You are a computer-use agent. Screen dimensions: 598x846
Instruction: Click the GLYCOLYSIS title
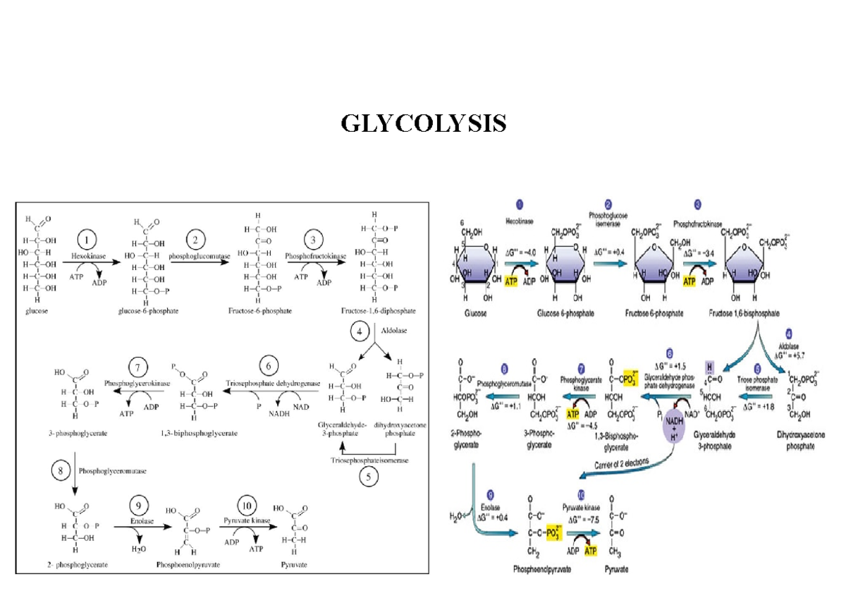point(424,124)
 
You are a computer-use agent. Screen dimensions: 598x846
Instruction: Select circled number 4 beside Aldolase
point(360,329)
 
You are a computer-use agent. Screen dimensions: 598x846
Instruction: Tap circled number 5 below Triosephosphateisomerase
point(367,476)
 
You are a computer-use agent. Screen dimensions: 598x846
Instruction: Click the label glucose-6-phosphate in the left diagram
point(148,310)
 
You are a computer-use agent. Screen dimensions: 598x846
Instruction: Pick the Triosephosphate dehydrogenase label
point(273,382)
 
